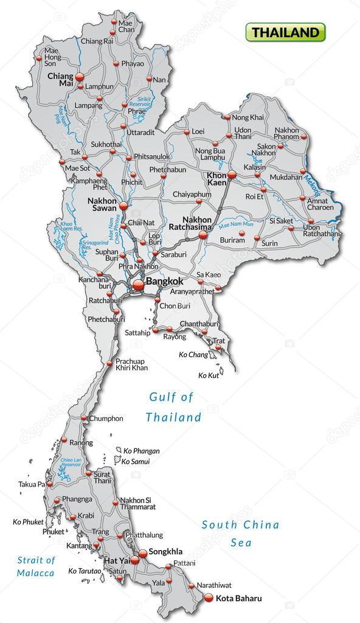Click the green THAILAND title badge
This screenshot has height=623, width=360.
285,32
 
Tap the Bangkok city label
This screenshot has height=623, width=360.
164,282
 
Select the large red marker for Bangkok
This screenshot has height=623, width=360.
138,284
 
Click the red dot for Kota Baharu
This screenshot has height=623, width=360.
209,597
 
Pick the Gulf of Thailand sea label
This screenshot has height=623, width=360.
173,407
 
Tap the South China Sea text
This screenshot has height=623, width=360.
240,533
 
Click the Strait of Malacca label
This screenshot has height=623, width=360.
36,566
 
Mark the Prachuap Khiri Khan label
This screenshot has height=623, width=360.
131,364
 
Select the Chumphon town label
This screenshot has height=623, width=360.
106,419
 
